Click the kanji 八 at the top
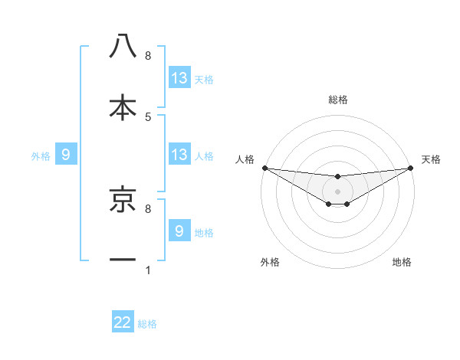pos(123,47)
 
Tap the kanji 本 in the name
pos(123,107)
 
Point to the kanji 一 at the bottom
pos(123,260)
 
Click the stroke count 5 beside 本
pos(148,116)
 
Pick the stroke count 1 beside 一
pos(148,270)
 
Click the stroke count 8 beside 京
pos(148,208)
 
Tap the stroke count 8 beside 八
pos(148,56)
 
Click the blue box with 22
pos(123,322)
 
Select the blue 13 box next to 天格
pos(179,78)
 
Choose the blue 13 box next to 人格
pos(179,155)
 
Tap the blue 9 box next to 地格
pos(179,231)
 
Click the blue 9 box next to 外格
pos(66,155)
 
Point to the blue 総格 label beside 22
pos(147,324)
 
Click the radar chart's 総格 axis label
pos(338,100)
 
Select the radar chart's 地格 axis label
pos(402,263)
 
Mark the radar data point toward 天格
pos(411,168)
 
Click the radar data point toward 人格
pos(264,168)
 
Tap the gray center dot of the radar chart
pos(337,191)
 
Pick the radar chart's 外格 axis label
pos(270,263)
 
